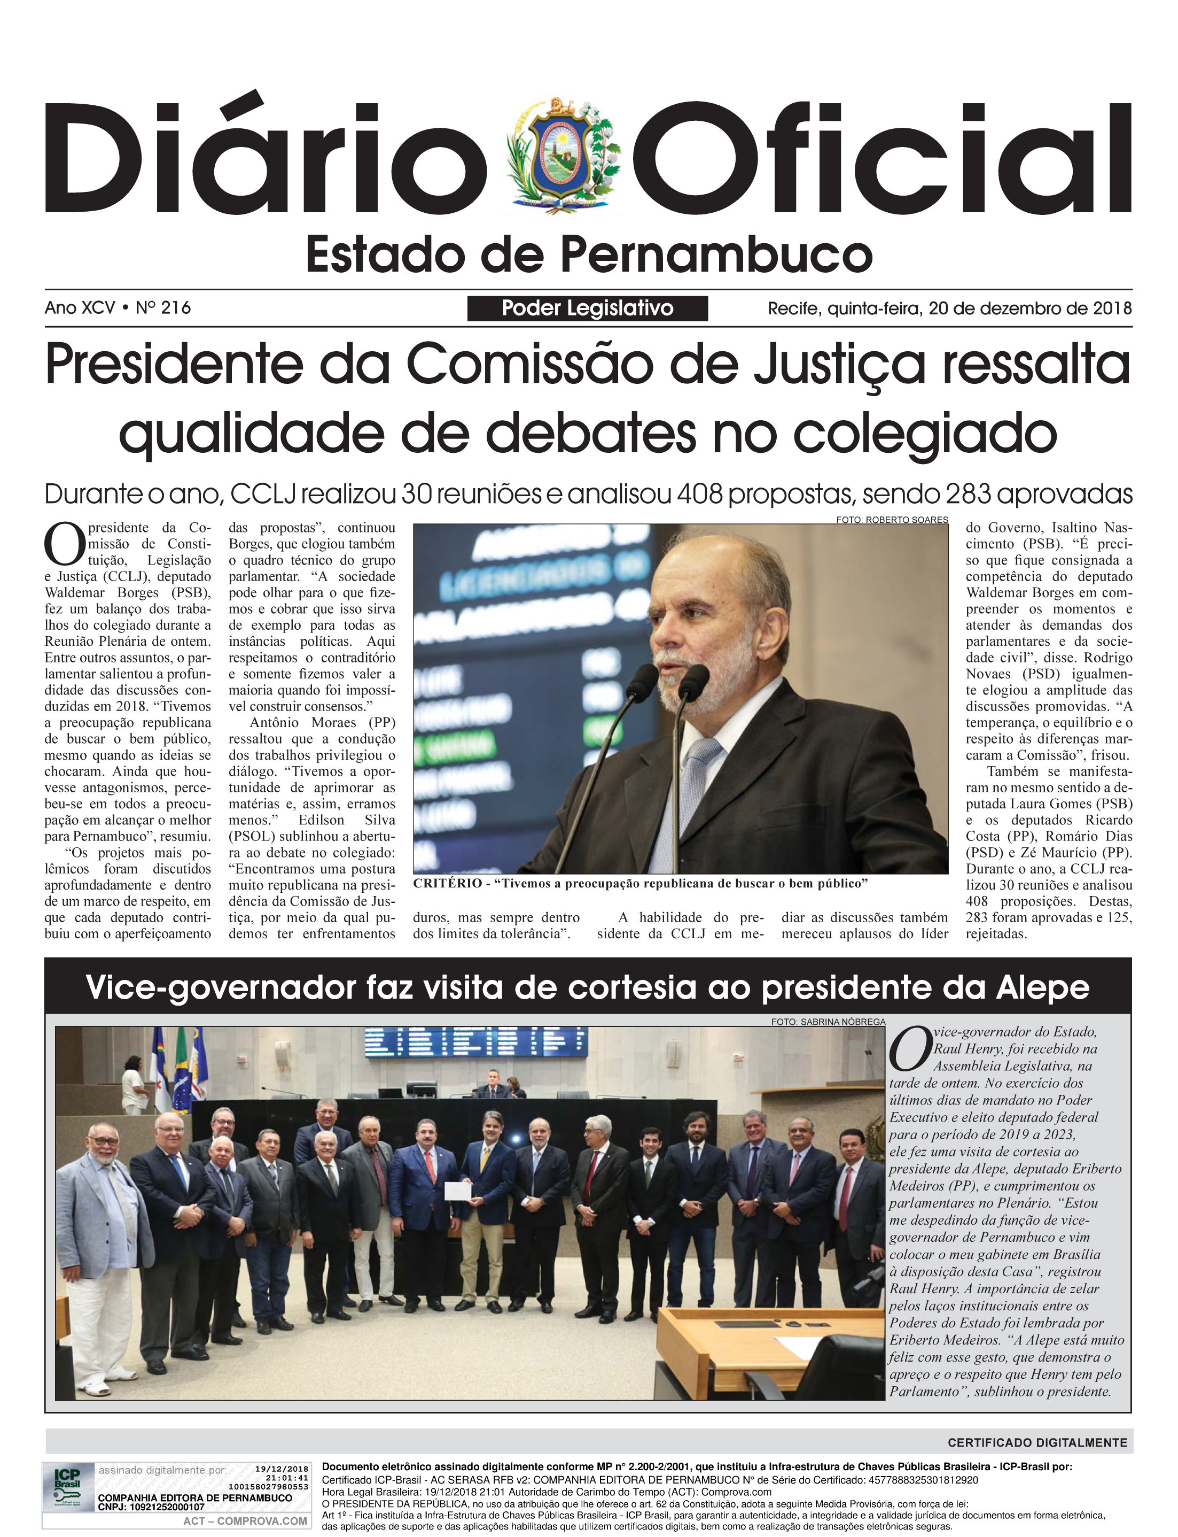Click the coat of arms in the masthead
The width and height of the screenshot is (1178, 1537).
(x=561, y=156)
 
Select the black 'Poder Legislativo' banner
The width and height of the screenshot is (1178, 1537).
(x=587, y=308)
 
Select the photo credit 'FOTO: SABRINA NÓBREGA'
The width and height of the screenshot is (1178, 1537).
(x=828, y=1022)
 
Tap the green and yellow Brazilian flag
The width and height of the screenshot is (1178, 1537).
(x=181, y=1067)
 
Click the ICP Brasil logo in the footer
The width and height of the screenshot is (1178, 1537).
(x=68, y=1483)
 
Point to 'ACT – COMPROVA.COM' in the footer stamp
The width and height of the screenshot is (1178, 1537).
(x=245, y=1521)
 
